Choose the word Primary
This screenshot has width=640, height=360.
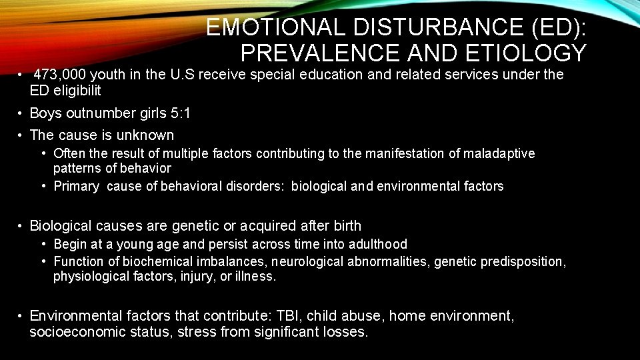point(76,187)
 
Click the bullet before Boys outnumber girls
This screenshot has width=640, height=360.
point(22,114)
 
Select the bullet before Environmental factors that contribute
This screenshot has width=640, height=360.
point(22,315)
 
